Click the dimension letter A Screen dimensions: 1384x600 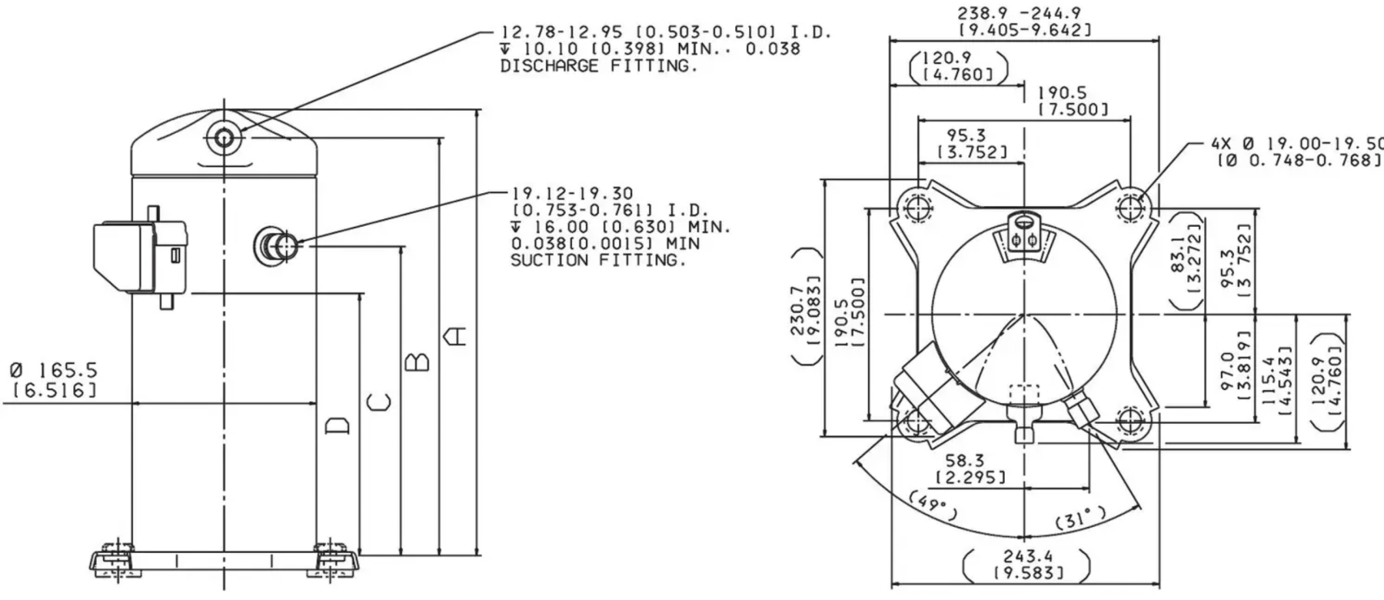tap(457, 336)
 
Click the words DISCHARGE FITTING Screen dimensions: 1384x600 tap(599, 66)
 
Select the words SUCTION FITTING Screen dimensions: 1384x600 tap(597, 260)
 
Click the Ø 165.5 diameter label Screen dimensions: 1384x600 tap(55, 371)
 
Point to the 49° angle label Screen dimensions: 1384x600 tap(933, 505)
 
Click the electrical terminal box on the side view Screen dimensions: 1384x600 tap(138, 257)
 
